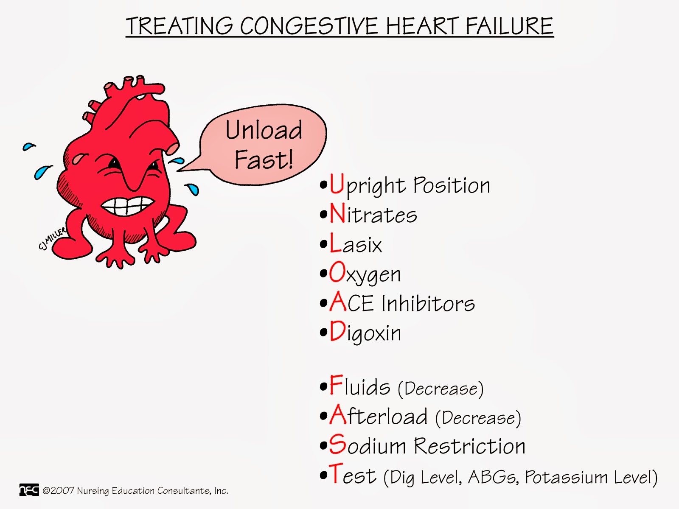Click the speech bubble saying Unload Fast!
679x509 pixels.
click(x=264, y=144)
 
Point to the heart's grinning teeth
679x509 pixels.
click(x=127, y=207)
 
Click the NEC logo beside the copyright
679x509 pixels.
click(x=29, y=490)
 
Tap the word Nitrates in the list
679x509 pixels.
click(x=373, y=215)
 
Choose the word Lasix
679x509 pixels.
click(x=356, y=244)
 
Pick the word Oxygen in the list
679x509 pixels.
click(x=365, y=274)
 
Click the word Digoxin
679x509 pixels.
click(x=365, y=333)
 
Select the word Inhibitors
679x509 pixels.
click(x=428, y=304)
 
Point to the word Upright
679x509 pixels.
click(x=368, y=186)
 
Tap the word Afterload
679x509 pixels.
click(x=379, y=416)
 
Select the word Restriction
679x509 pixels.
click(x=470, y=446)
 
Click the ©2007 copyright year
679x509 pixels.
click(x=59, y=491)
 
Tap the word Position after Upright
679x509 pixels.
click(x=452, y=186)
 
